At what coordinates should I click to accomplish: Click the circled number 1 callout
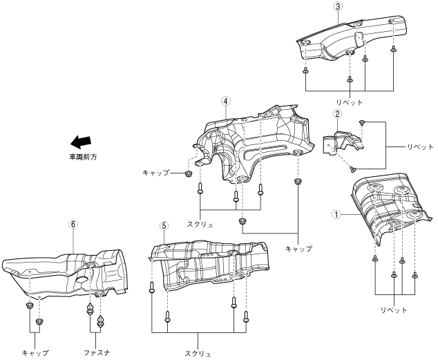tap(336, 214)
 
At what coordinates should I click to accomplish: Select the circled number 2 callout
tap(337, 114)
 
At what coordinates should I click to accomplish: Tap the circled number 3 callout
tap(337, 6)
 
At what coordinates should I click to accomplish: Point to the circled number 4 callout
tap(225, 100)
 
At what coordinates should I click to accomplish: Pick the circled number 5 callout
tap(164, 226)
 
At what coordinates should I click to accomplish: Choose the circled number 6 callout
tap(73, 225)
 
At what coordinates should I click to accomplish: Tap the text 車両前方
tap(82, 158)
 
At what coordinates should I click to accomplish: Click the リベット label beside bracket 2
tap(419, 147)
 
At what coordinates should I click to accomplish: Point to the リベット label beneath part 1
tap(394, 310)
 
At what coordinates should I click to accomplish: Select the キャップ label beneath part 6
tap(35, 352)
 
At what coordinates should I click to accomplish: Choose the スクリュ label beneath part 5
tap(198, 353)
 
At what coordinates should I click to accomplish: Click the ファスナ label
tap(95, 352)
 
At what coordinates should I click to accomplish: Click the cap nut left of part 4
tap(188, 173)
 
